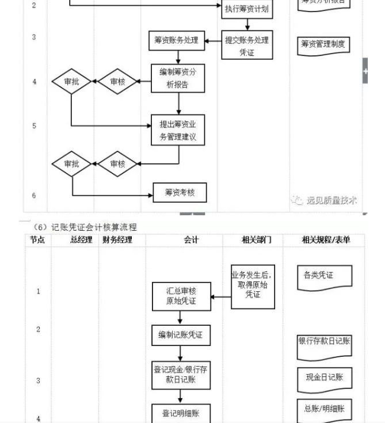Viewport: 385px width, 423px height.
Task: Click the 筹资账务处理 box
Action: pyautogui.click(x=176, y=40)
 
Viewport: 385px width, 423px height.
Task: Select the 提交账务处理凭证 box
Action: pyautogui.click(x=247, y=47)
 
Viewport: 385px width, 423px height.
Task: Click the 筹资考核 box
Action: pyautogui.click(x=180, y=192)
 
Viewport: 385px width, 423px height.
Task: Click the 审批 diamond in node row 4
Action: pyautogui.click(x=71, y=82)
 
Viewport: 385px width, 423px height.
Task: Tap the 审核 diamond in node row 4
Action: pyautogui.click(x=117, y=82)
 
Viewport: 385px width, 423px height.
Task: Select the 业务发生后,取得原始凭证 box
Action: pyautogui.click(x=253, y=285)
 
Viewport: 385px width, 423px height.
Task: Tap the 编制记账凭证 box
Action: pyautogui.click(x=181, y=335)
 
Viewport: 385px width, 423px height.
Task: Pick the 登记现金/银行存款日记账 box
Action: pyautogui.click(x=181, y=375)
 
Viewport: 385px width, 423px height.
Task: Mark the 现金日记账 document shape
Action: pyautogui.click(x=324, y=378)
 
